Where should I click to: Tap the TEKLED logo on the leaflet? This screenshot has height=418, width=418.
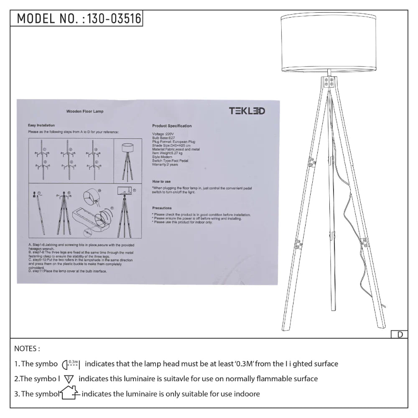click(247, 111)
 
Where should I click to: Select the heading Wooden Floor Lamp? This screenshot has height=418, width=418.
click(85, 112)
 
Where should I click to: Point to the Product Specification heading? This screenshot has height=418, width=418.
click(172, 126)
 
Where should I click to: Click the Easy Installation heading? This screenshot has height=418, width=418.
click(41, 125)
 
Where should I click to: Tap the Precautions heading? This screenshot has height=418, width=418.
click(162, 208)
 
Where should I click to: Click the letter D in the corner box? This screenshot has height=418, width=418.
click(400, 334)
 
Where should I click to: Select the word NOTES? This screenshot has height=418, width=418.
click(27, 349)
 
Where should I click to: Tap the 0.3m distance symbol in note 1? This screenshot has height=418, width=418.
click(71, 364)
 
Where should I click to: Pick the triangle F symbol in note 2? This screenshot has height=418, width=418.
click(69, 379)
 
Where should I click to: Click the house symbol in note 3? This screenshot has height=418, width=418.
click(70, 393)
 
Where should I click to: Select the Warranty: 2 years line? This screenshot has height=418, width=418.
click(165, 164)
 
